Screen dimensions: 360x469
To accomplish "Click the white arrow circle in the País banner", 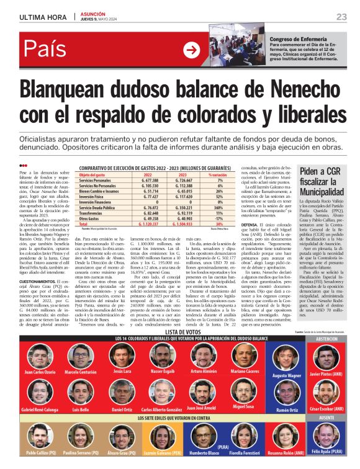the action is pyautogui.click(x=192, y=50).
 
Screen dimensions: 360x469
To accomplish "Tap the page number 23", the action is pyautogui.click(x=341, y=16).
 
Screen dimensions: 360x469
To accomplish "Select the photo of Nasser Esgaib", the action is pyautogui.click(x=163, y=355).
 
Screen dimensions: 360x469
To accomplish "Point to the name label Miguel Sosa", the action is pyautogui.click(x=243, y=406).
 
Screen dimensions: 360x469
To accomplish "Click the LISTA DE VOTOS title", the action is pyautogui.click(x=164, y=333).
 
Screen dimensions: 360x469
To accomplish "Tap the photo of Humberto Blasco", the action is pyautogui.click(x=202, y=435).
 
